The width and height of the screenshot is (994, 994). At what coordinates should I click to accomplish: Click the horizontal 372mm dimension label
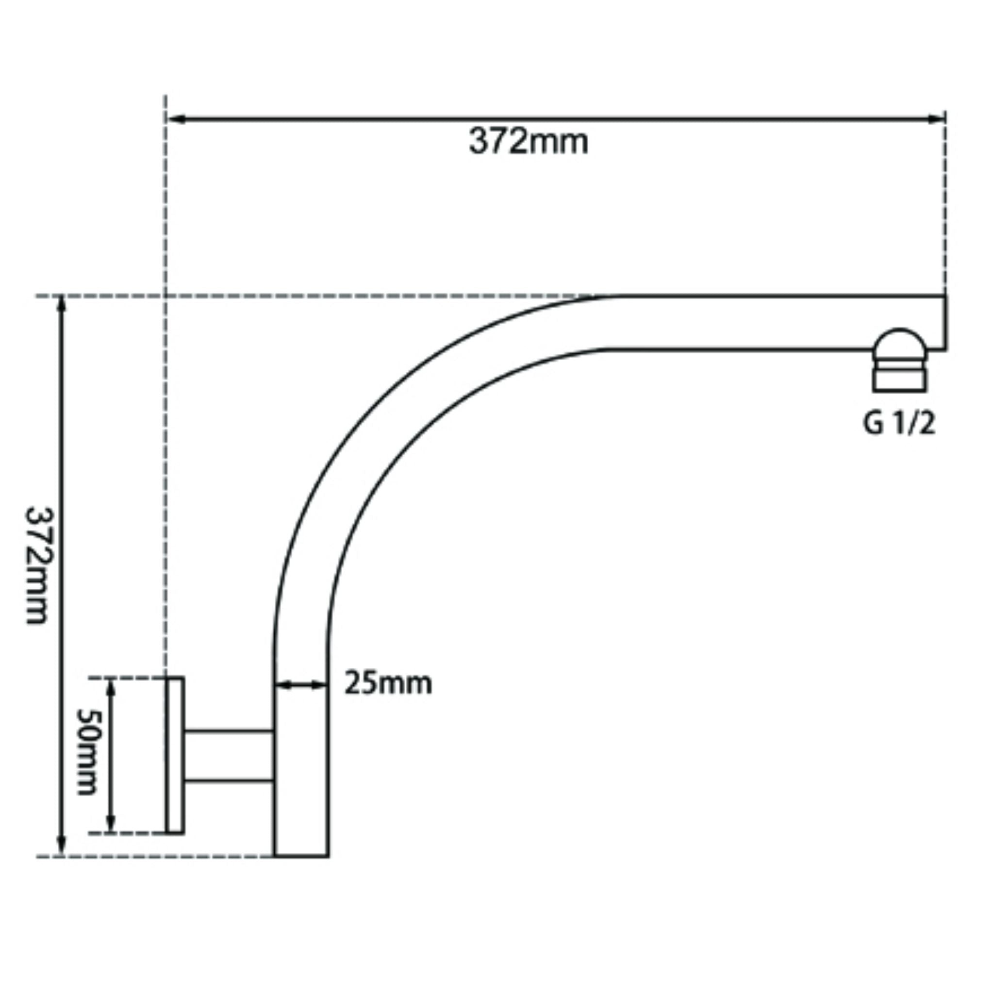click(x=529, y=142)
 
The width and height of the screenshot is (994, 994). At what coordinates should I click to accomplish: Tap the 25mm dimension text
click(x=388, y=684)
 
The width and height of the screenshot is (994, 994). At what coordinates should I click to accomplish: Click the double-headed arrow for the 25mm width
click(x=301, y=685)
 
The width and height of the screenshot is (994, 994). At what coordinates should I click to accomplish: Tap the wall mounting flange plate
click(x=175, y=755)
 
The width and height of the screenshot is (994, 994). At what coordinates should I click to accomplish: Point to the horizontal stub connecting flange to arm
click(x=229, y=755)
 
